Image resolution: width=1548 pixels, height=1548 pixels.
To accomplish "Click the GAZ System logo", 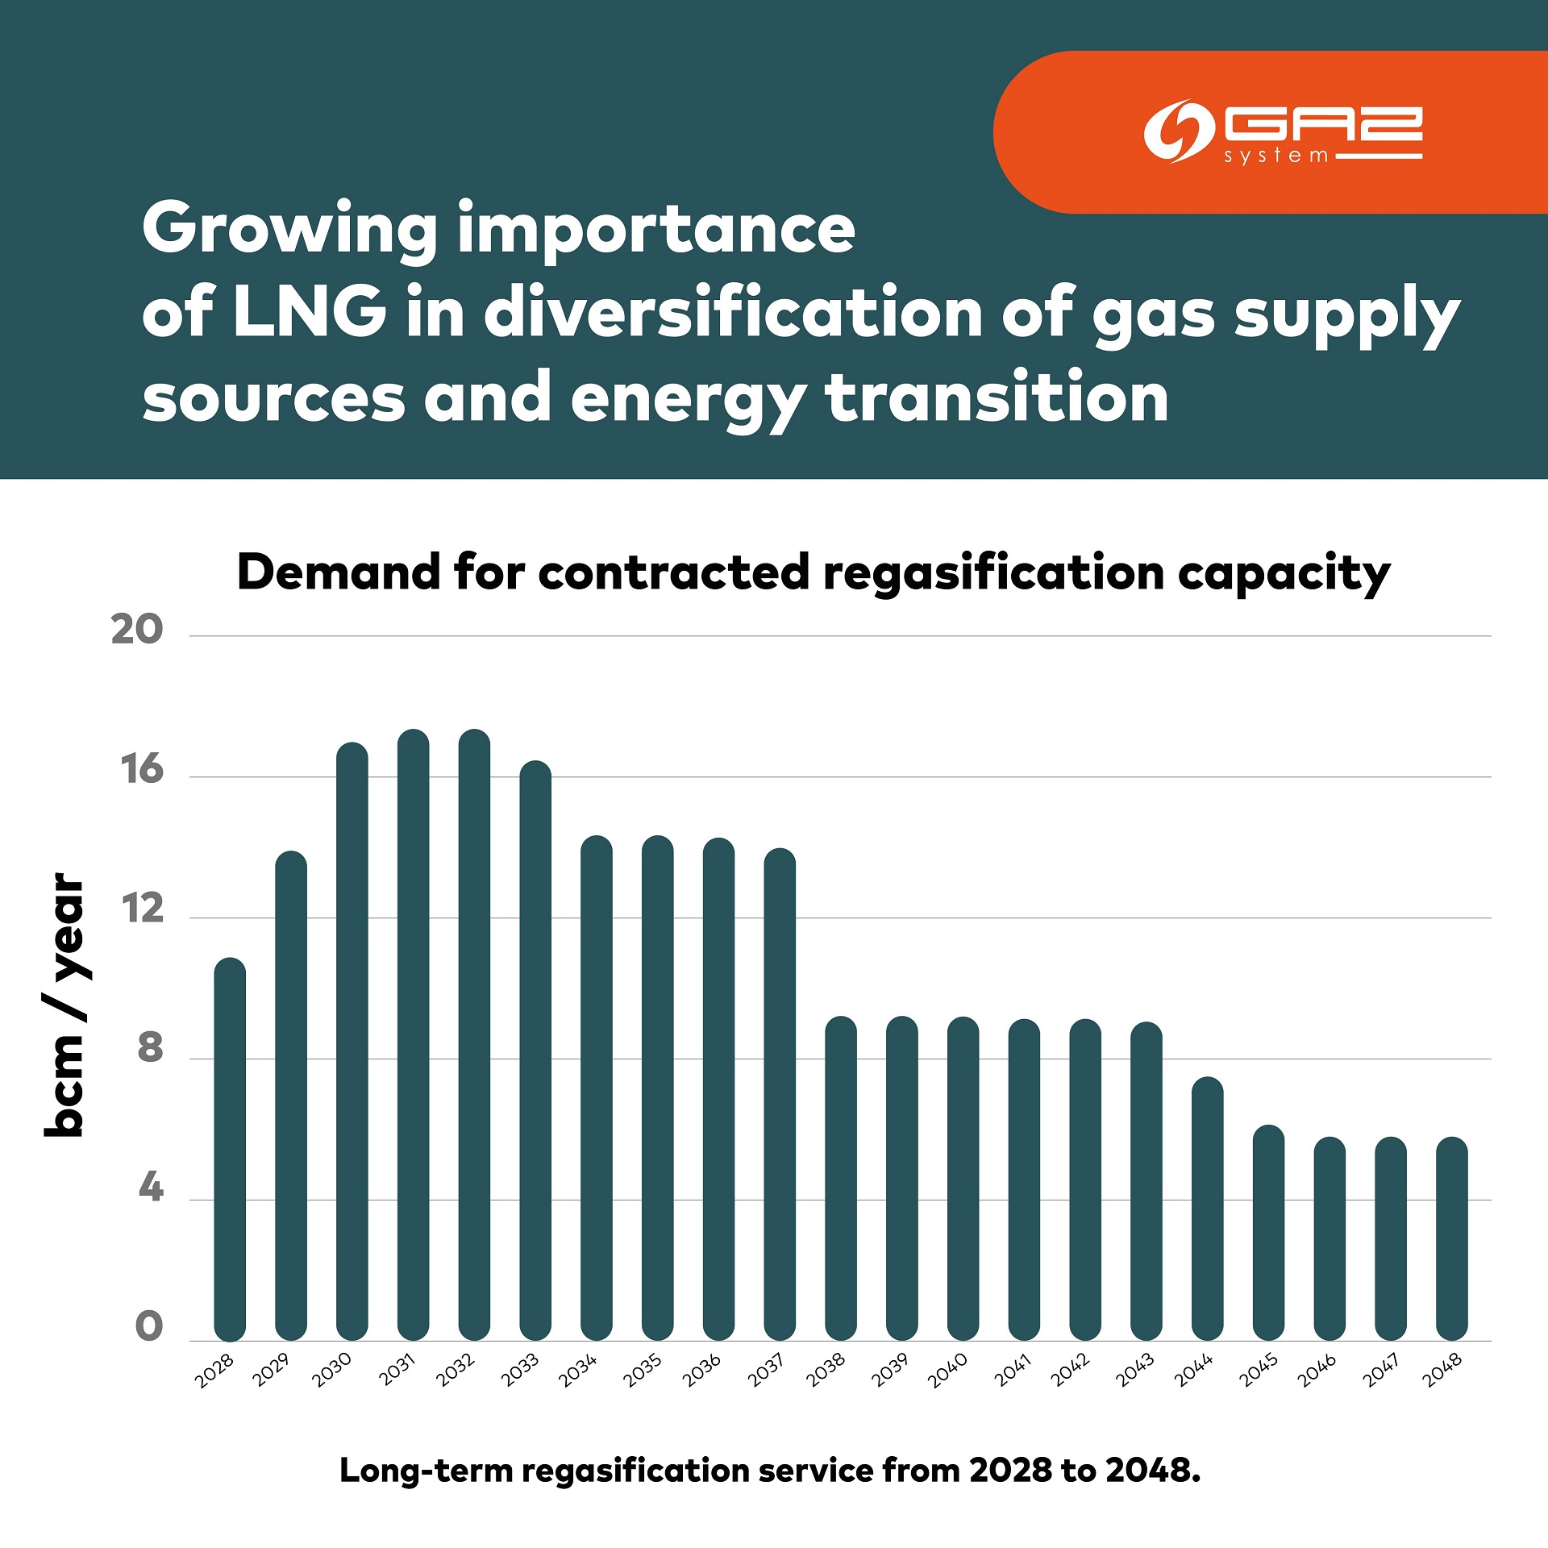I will [1282, 132].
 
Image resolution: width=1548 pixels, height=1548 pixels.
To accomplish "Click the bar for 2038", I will [841, 1178].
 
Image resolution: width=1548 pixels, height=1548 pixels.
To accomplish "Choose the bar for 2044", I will [1207, 1209].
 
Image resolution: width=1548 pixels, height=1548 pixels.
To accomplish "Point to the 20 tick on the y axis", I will [137, 630].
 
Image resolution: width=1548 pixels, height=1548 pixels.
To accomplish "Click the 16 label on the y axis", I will [142, 770].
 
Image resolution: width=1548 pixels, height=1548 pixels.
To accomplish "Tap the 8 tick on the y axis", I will [150, 1048].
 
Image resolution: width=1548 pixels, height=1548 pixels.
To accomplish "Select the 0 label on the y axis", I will [149, 1326].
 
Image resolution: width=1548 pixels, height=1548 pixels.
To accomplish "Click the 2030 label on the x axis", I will [332, 1371].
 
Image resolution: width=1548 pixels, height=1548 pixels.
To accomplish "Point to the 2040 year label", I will [947, 1371].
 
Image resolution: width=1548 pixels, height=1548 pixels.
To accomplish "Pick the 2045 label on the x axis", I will [1258, 1371].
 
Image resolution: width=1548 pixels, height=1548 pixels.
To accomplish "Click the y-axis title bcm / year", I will [64, 1005].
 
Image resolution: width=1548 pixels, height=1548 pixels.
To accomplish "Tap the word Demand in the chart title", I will [339, 572].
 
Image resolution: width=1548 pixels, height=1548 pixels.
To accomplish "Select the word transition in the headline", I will [997, 397].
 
